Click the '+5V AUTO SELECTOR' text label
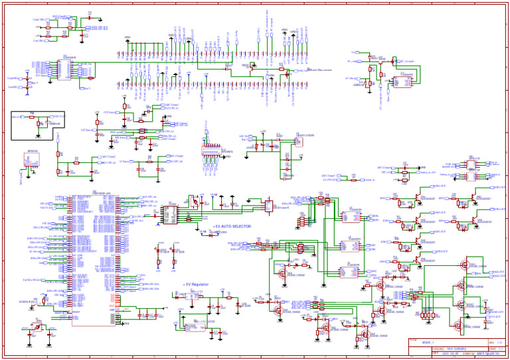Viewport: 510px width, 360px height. coord(232,226)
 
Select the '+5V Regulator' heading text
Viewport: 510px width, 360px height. coord(196,284)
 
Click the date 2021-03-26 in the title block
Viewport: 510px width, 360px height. coord(428,353)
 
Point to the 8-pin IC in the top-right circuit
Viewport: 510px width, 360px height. coord(401,82)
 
